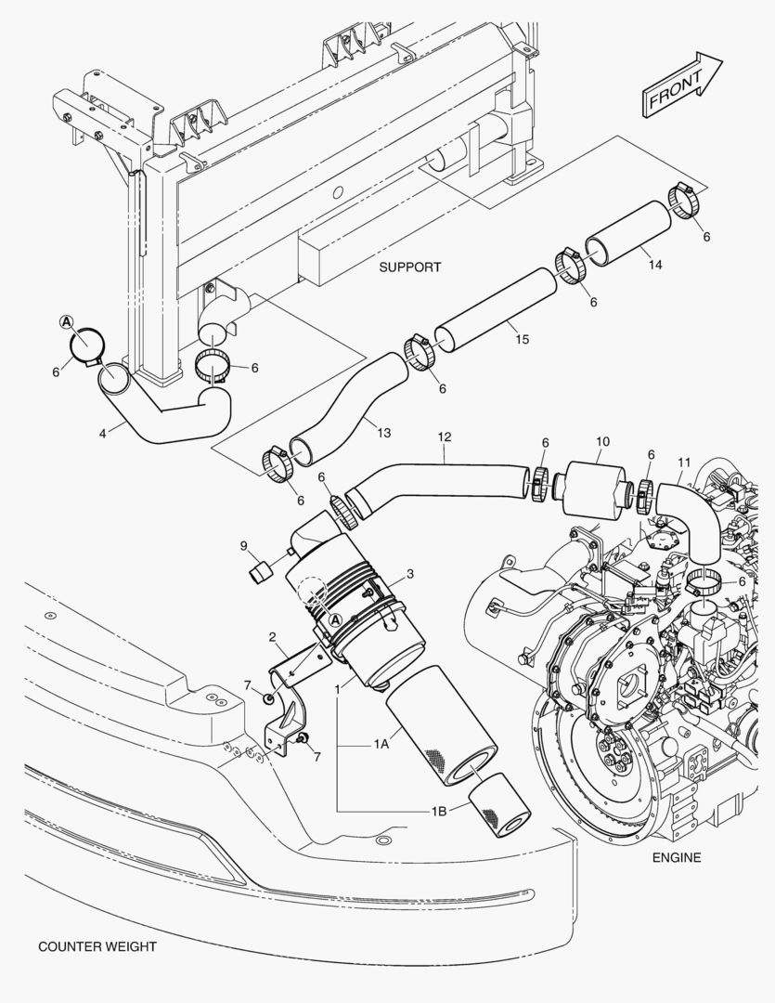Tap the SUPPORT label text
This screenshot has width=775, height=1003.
(x=409, y=267)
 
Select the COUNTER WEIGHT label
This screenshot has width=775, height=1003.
(x=97, y=946)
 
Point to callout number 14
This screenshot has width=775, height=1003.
(x=655, y=265)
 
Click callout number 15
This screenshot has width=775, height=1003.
(x=522, y=340)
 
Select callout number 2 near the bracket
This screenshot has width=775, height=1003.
(x=272, y=637)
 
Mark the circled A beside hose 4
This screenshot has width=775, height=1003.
(x=66, y=321)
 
